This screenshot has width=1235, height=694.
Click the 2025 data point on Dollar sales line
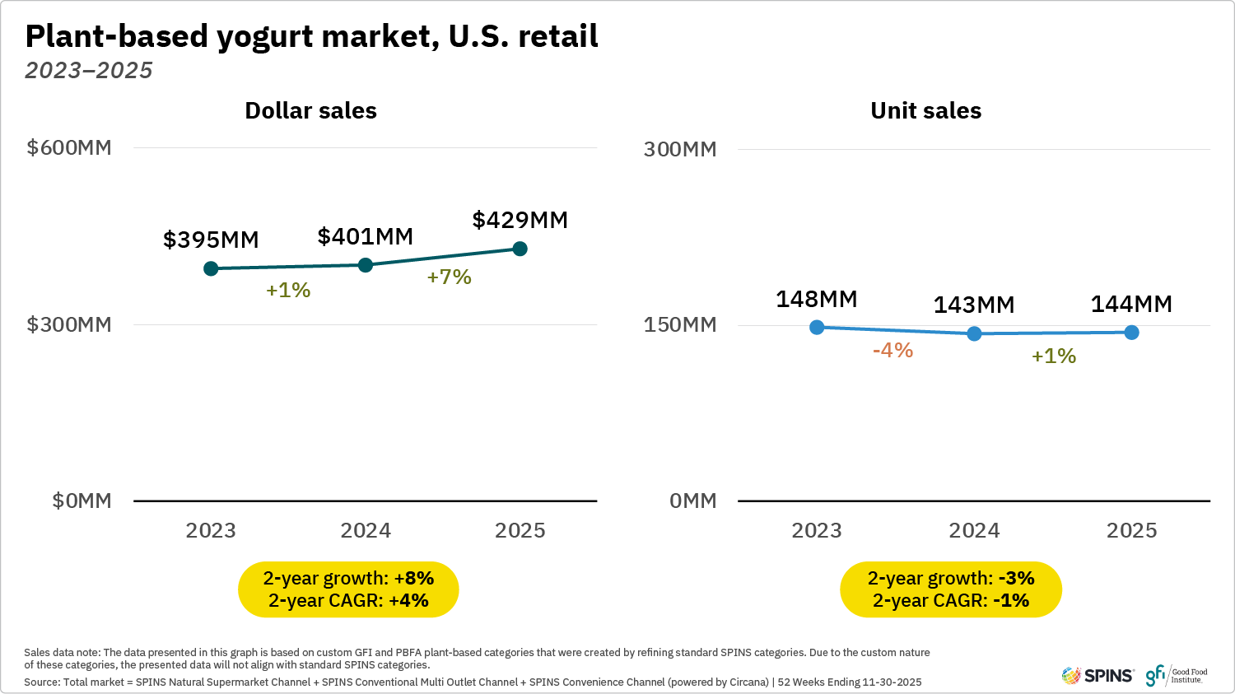tap(520, 249)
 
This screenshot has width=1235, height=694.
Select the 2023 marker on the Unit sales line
tap(817, 327)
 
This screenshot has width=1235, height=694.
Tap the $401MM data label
tap(365, 236)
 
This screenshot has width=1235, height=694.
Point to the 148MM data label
tap(816, 299)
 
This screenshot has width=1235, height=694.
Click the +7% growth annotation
tap(449, 277)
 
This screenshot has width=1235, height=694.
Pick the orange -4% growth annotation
tap(892, 350)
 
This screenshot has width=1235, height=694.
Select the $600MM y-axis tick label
tap(69, 147)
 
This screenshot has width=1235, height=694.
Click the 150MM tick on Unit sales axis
tap(679, 324)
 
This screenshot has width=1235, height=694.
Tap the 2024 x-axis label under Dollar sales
tap(366, 530)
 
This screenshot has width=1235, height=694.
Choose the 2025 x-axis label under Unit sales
tap(1131, 530)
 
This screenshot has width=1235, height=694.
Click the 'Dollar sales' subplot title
tap(310, 110)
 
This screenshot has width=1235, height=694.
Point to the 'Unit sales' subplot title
tap(925, 110)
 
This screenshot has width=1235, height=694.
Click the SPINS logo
tap(1098, 676)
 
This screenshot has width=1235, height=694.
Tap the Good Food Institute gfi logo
tap(1176, 676)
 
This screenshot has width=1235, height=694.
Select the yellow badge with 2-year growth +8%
tap(348, 589)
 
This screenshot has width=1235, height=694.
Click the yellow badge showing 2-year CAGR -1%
tap(950, 589)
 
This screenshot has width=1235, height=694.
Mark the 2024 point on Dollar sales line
tap(366, 264)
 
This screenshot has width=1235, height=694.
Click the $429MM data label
tap(520, 220)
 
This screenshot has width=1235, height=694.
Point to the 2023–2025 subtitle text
tap(89, 71)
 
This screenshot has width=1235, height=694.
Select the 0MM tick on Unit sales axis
tap(692, 501)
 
